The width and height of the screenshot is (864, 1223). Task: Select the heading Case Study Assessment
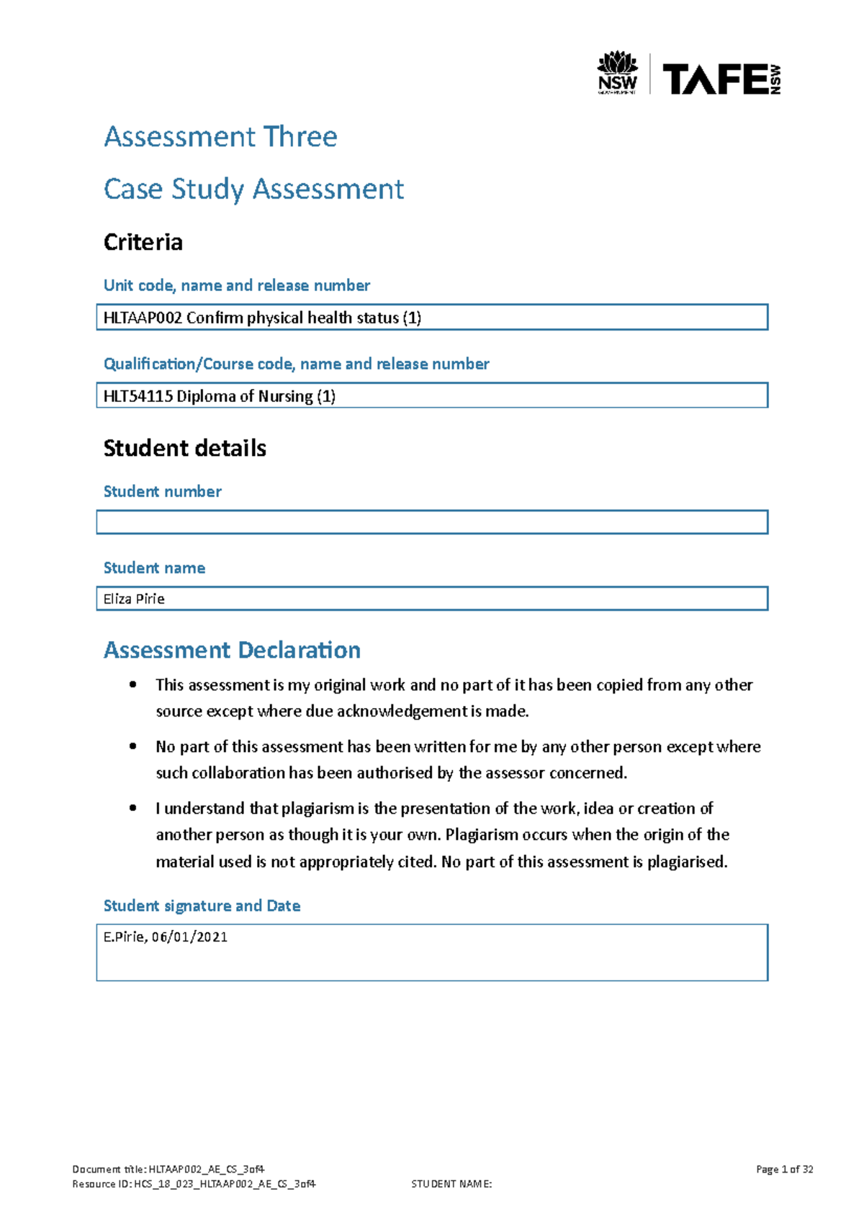pyautogui.click(x=253, y=189)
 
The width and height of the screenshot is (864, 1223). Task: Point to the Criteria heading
pyautogui.click(x=143, y=242)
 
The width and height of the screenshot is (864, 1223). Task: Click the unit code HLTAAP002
pyautogui.click(x=143, y=318)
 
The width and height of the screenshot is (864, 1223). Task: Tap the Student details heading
pyautogui.click(x=184, y=448)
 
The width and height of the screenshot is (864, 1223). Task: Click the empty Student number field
pyautogui.click(x=432, y=522)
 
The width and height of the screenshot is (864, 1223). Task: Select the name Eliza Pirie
pyautogui.click(x=134, y=599)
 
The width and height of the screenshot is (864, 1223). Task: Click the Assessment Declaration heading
pyautogui.click(x=232, y=650)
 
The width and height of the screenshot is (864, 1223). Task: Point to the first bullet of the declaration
pyautogui.click(x=132, y=685)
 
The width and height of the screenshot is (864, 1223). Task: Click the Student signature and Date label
pyautogui.click(x=202, y=905)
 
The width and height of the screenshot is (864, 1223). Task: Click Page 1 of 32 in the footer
pyautogui.click(x=784, y=1169)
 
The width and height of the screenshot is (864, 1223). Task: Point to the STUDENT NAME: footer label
pyautogui.click(x=451, y=1183)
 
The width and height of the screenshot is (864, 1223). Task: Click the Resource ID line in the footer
pyautogui.click(x=194, y=1183)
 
